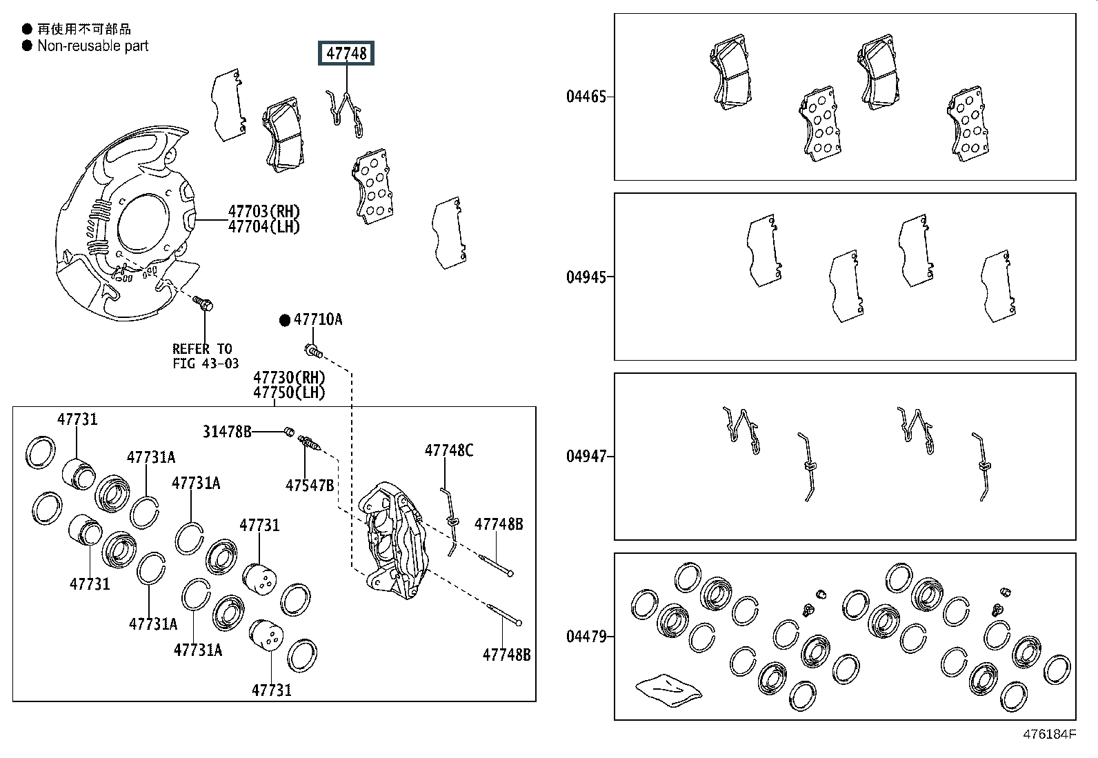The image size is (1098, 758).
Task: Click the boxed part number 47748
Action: [346, 53]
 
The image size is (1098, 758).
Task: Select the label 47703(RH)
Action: [264, 212]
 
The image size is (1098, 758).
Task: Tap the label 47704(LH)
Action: [264, 227]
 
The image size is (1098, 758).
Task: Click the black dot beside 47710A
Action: [285, 320]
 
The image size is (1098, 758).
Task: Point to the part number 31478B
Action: [227, 432]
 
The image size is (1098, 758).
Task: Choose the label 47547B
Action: [310, 486]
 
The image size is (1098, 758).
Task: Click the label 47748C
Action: [449, 450]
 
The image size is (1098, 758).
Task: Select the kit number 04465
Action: [586, 97]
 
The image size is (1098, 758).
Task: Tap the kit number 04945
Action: [586, 277]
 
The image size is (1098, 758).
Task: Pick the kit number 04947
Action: [586, 457]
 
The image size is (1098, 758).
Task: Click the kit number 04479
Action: [586, 637]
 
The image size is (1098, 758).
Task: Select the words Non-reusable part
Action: [93, 46]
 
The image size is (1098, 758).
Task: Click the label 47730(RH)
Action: [289, 377]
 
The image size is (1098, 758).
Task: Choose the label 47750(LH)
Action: [289, 392]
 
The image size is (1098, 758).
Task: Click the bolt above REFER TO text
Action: [203, 303]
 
